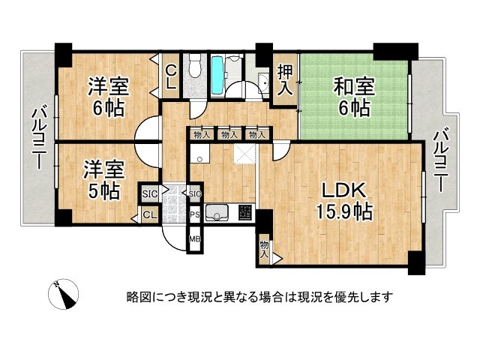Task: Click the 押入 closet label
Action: [285, 80]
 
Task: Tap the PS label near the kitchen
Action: [194, 214]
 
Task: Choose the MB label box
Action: [194, 240]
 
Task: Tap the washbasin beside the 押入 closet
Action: [263, 80]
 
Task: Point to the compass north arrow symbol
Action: [65, 292]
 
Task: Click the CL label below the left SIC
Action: [148, 216]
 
